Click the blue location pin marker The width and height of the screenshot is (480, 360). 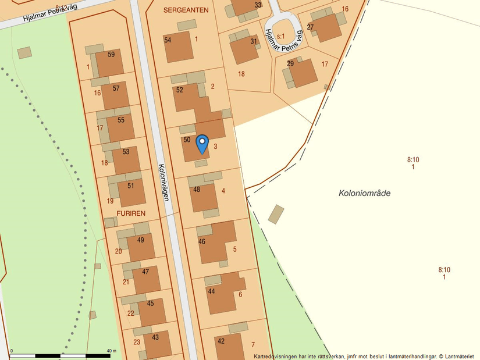click(202, 143)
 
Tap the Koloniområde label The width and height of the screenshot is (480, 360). click(364, 193)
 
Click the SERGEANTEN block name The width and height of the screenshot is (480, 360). click(186, 10)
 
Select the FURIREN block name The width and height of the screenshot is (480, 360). click(130, 213)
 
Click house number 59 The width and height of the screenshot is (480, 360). click(111, 55)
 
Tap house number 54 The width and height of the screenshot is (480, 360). click(168, 40)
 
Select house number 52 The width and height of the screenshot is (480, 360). click(179, 90)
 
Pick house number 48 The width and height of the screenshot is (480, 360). click(197, 190)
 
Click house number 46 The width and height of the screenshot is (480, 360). click(202, 241)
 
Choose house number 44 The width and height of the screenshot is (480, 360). click(211, 291)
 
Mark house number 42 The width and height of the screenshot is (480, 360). click(221, 341)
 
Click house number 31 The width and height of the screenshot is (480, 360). click(254, 41)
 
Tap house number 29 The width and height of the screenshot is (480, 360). click(290, 63)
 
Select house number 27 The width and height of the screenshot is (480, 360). click(310, 27)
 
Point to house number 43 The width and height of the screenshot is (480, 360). click(155, 337)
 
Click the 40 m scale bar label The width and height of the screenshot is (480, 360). click(111, 351)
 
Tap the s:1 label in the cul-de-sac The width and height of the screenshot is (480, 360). click(281, 36)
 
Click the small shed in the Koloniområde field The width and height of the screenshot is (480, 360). click(276, 214)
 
